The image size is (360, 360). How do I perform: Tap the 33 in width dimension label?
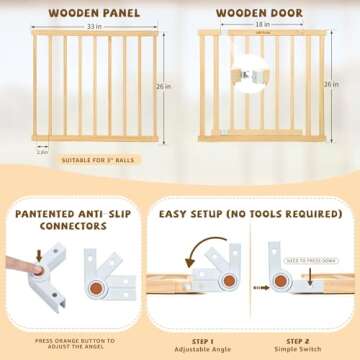point(90,28)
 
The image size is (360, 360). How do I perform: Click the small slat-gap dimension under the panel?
point(42,151)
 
